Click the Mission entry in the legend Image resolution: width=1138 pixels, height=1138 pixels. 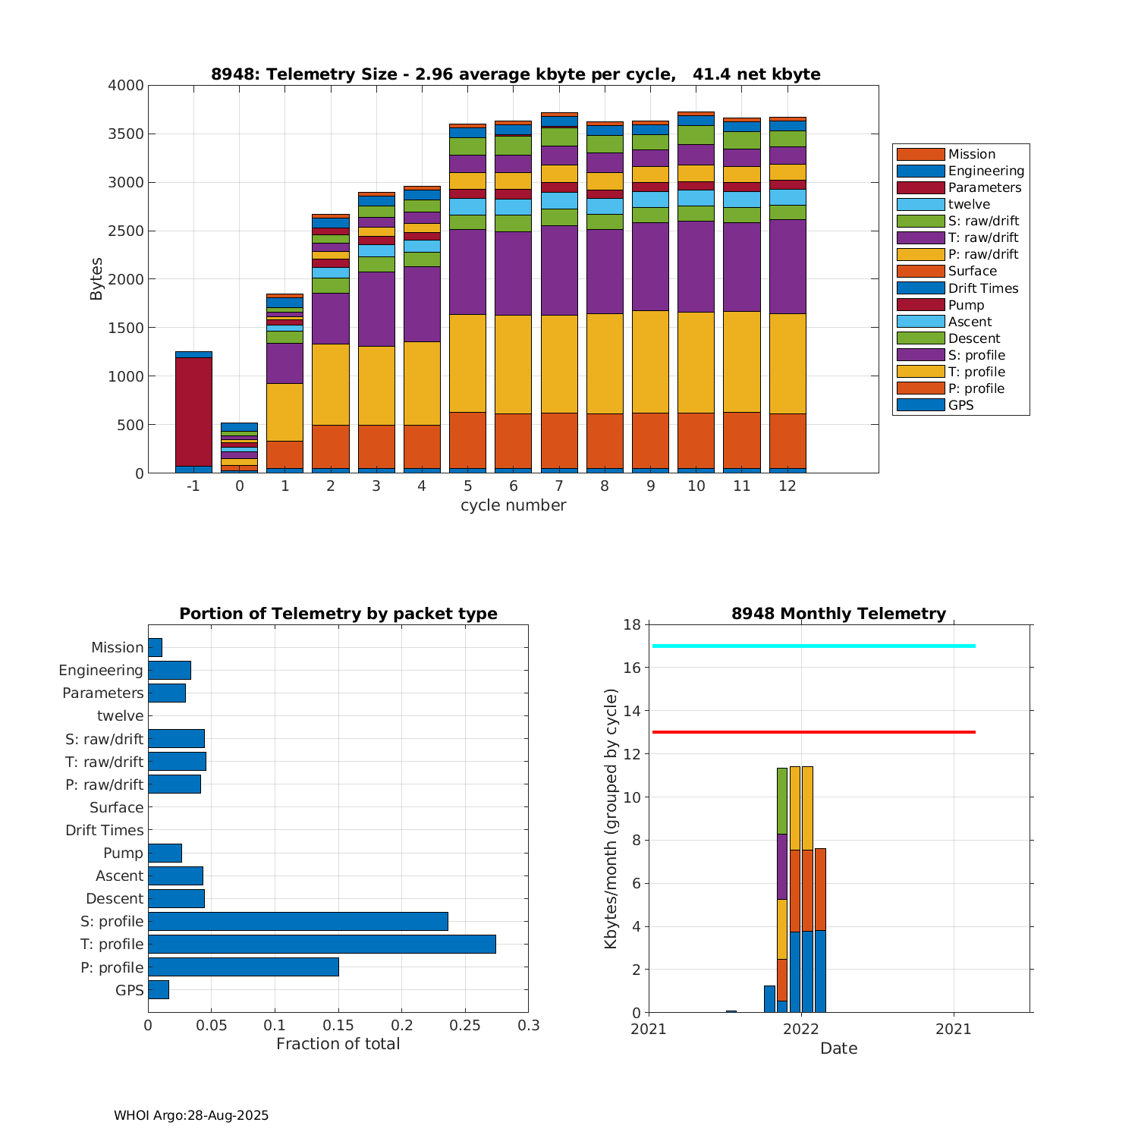click(971, 154)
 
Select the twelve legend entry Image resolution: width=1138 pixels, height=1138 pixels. click(969, 204)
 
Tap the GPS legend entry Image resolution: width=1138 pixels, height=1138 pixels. click(960, 405)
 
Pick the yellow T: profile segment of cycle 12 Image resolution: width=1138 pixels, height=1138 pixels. click(787, 363)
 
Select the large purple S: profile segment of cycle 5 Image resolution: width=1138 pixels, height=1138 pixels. click(467, 272)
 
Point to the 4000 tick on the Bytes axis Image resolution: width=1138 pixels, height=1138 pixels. click(126, 86)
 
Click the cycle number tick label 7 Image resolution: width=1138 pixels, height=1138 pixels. click(559, 486)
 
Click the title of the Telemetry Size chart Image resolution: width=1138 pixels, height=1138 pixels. click(515, 74)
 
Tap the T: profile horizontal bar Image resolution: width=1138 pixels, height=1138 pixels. click(322, 944)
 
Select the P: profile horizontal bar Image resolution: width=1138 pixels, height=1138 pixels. click(243, 967)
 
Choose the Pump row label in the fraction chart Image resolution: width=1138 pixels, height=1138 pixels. click(123, 853)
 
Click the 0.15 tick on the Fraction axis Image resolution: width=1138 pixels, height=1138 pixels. click(338, 1026)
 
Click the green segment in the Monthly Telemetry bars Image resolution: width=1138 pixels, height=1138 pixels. click(781, 800)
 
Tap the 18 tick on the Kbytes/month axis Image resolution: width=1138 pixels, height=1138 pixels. click(631, 625)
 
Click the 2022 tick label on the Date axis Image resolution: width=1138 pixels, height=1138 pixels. click(800, 1029)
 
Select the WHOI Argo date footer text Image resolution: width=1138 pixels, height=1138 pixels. click(191, 1115)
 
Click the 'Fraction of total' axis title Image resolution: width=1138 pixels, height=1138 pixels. click(338, 1044)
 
